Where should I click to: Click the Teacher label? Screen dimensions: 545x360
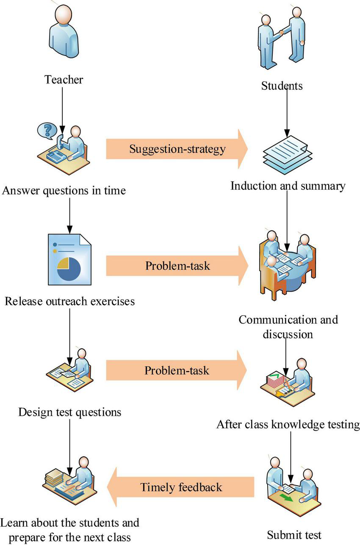coord(64,79)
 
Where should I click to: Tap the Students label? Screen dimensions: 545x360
coord(282,86)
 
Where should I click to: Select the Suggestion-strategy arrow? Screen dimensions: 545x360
coord(177,149)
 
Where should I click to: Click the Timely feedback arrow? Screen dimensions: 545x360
coord(181,487)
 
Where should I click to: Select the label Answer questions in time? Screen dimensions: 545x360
coord(64,191)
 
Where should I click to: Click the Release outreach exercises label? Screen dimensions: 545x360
coord(70,301)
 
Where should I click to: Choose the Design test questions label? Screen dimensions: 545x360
coord(70,412)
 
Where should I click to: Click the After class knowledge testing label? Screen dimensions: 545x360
coord(288,424)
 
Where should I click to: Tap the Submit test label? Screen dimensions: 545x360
coord(294,534)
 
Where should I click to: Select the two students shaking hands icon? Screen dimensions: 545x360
coord(282,38)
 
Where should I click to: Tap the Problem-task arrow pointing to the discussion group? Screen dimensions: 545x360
coord(177,266)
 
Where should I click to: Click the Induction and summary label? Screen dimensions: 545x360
coord(288,186)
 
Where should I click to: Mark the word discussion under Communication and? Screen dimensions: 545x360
coord(288,334)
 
